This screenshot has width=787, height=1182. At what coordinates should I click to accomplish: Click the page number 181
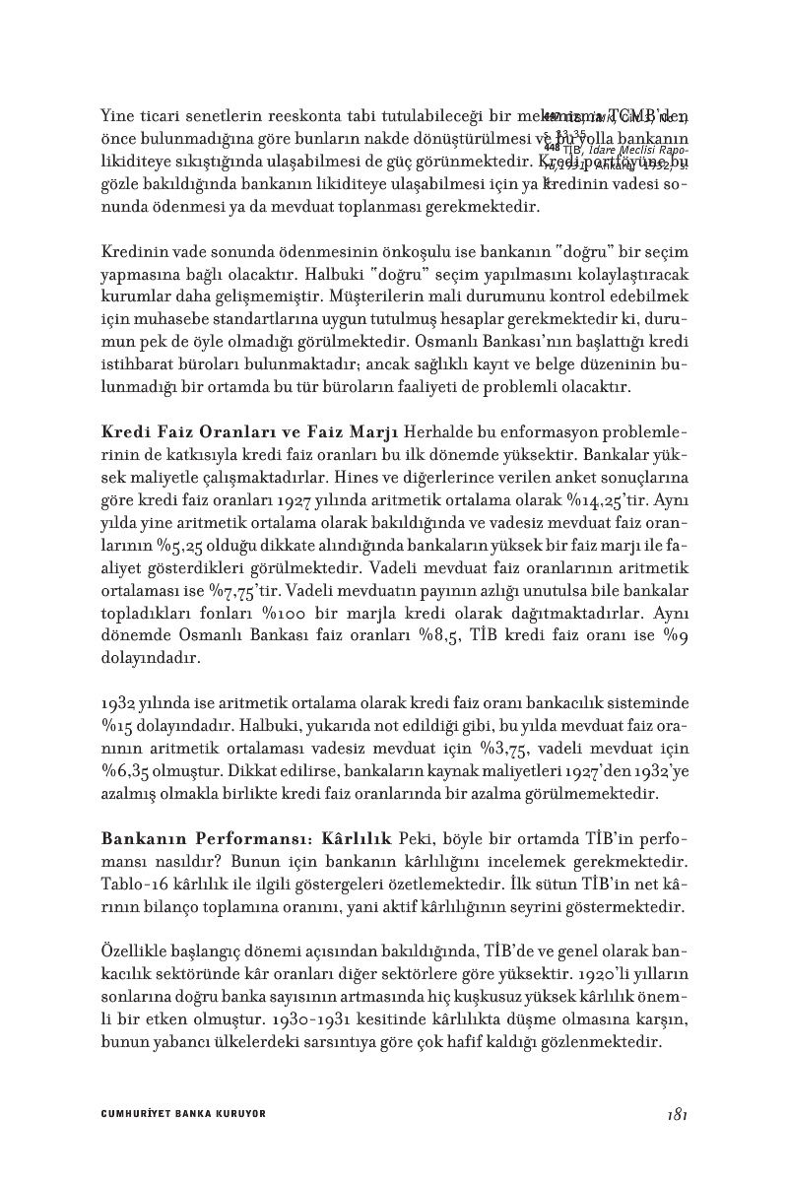[676, 1114]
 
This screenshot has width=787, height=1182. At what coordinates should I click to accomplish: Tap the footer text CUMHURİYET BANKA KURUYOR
[183, 1114]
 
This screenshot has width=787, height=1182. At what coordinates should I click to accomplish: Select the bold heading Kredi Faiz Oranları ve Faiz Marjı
[249, 435]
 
